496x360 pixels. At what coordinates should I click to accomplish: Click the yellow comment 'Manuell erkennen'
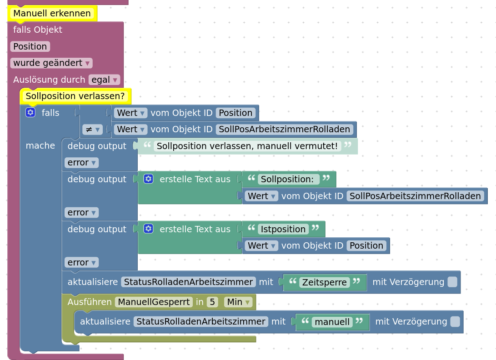click(x=52, y=13)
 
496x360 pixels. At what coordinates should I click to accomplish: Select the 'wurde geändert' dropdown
click(x=51, y=63)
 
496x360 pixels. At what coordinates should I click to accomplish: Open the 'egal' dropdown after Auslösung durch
click(x=104, y=80)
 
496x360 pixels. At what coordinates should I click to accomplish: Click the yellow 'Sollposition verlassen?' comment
click(x=75, y=96)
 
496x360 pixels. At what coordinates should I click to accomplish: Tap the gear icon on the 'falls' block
click(x=30, y=112)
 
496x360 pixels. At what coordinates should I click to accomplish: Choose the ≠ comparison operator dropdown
click(x=92, y=129)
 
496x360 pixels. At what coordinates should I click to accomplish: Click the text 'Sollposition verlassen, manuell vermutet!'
click(x=247, y=146)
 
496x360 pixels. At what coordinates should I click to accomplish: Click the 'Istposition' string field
click(x=283, y=229)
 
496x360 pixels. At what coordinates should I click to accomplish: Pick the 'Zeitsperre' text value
click(x=325, y=282)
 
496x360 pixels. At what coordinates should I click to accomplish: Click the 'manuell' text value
click(x=332, y=322)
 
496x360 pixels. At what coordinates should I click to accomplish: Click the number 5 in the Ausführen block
click(x=212, y=302)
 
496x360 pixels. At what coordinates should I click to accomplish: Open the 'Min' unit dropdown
click(x=238, y=302)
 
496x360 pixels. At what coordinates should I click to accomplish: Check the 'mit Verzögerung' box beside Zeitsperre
click(x=452, y=282)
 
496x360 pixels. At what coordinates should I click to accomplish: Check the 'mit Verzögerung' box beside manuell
click(x=455, y=322)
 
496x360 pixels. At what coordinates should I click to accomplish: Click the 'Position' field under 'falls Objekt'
click(x=30, y=46)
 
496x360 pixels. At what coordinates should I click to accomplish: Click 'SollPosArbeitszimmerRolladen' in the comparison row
click(x=285, y=129)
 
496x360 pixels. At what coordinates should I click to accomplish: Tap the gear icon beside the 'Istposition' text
click(x=148, y=229)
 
